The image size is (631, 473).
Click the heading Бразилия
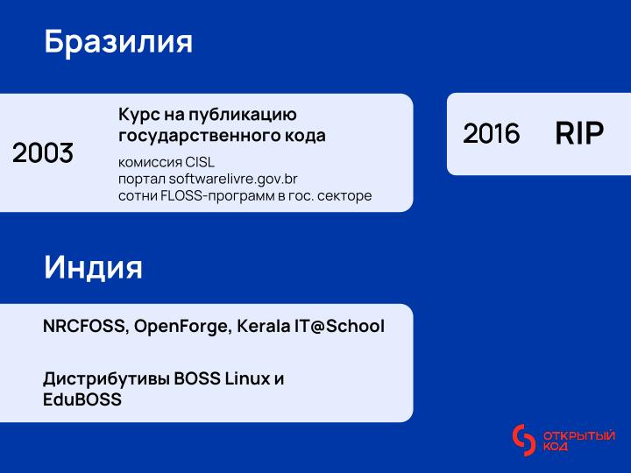click(x=117, y=42)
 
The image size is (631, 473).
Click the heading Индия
click(x=93, y=268)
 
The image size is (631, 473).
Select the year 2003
click(x=43, y=153)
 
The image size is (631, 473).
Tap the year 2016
click(x=491, y=134)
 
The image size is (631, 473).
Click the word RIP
click(x=579, y=134)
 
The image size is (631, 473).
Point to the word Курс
click(x=138, y=116)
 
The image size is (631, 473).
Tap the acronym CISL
click(x=199, y=163)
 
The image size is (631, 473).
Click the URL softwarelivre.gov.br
click(x=233, y=179)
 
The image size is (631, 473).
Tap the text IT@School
click(x=339, y=327)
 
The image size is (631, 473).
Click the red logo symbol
click(x=523, y=441)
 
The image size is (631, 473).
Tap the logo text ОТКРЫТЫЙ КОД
click(x=578, y=441)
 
